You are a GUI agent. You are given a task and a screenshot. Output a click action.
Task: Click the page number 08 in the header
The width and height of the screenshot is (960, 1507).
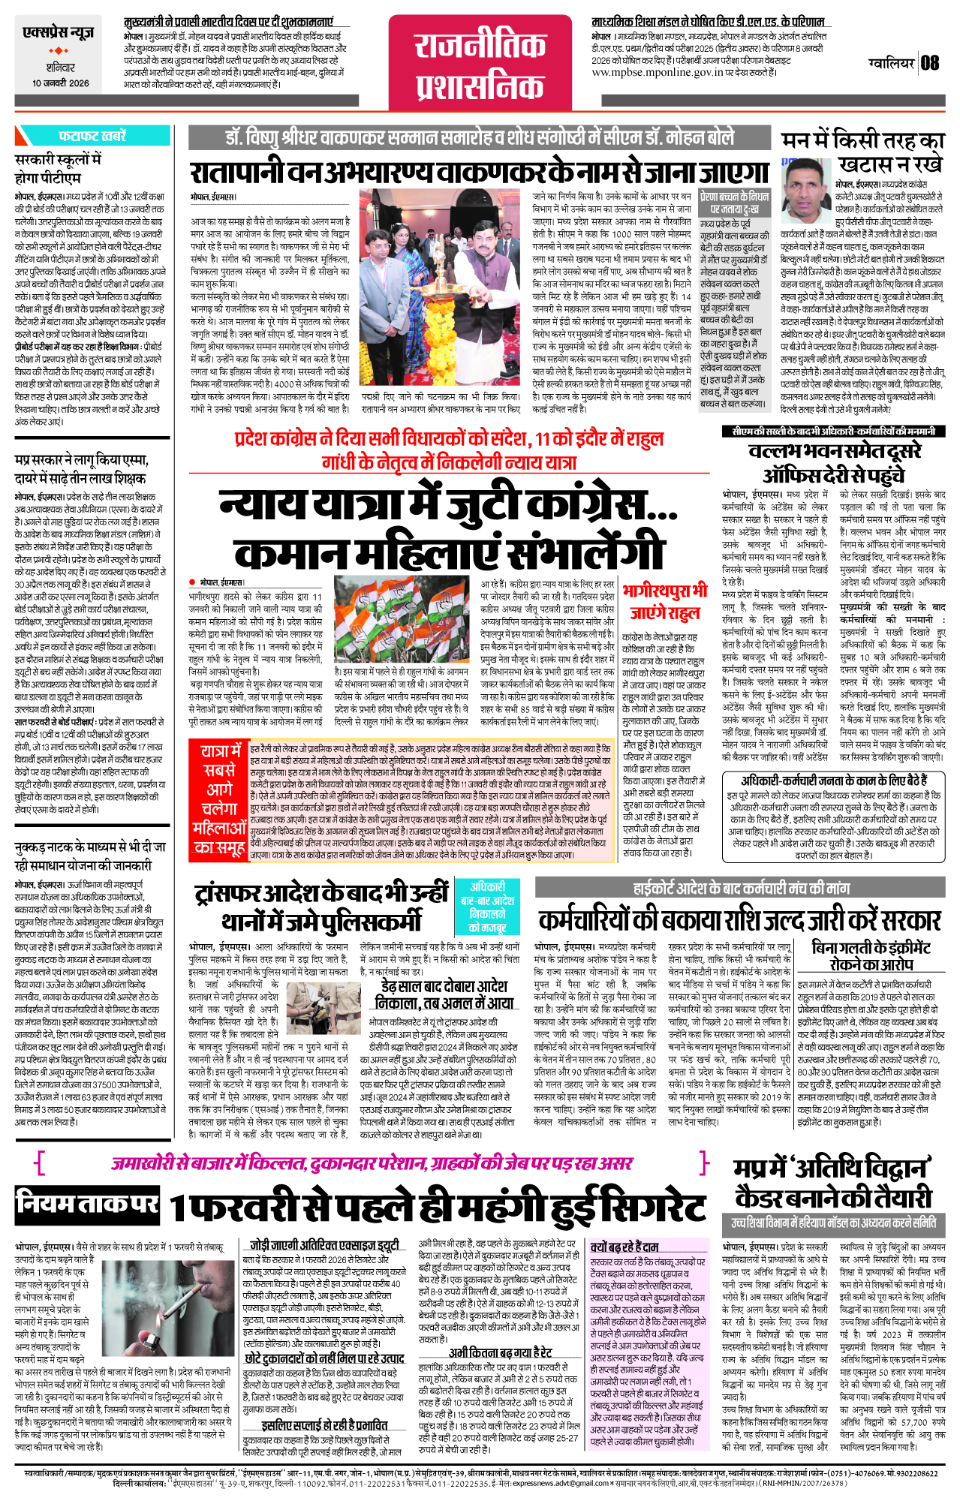[x=930, y=63]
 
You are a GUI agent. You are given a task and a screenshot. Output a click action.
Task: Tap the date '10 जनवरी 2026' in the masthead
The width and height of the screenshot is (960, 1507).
[x=60, y=83]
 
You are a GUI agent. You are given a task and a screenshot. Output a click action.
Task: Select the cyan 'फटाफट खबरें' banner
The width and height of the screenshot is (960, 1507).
[x=92, y=136]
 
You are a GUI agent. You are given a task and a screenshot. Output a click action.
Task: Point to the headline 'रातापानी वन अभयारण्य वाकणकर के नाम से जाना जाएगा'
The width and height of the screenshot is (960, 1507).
[x=480, y=173]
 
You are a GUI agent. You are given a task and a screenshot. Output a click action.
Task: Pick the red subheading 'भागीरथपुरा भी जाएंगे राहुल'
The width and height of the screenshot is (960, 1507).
[x=664, y=600]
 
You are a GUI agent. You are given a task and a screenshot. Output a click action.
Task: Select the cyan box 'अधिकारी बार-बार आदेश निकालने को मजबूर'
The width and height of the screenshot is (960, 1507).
[x=487, y=907]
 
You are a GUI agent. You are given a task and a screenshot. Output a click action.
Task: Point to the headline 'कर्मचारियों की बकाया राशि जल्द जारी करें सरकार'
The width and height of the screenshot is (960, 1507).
[x=739, y=920]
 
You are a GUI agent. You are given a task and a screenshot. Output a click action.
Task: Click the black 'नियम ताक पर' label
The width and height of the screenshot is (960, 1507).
[x=87, y=1203]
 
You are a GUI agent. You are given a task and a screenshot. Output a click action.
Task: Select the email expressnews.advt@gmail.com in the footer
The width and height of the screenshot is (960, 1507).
[x=555, y=1484]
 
